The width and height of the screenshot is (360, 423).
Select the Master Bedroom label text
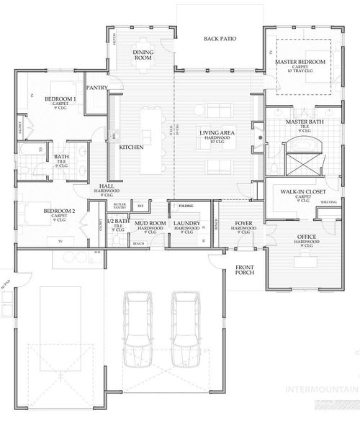pyautogui.click(x=301, y=63)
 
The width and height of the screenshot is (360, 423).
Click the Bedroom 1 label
pyautogui.click(x=60, y=98)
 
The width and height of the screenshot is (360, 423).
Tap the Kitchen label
pyautogui.click(x=132, y=147)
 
